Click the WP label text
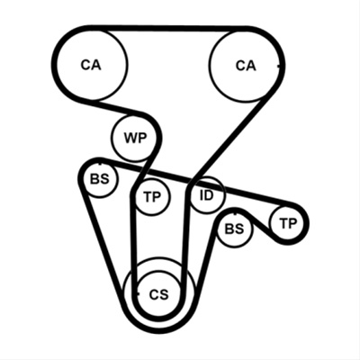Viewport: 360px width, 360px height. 135,139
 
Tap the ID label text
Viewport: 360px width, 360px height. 207,195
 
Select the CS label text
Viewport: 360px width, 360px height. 159,294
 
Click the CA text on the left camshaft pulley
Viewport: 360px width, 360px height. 91,65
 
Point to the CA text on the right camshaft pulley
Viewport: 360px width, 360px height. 246,66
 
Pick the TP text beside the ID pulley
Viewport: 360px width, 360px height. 152,197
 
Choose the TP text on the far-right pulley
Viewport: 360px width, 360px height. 288,223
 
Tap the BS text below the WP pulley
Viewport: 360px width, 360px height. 100,179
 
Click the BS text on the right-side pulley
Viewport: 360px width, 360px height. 235,229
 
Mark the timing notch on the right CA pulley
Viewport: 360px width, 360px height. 279,66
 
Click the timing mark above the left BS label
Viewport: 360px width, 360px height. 100,164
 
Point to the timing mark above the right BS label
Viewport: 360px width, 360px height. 235,213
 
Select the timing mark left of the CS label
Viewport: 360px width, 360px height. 138,294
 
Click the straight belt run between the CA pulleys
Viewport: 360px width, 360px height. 168,29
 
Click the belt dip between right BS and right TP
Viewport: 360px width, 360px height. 260,222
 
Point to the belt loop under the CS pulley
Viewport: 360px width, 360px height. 159,326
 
